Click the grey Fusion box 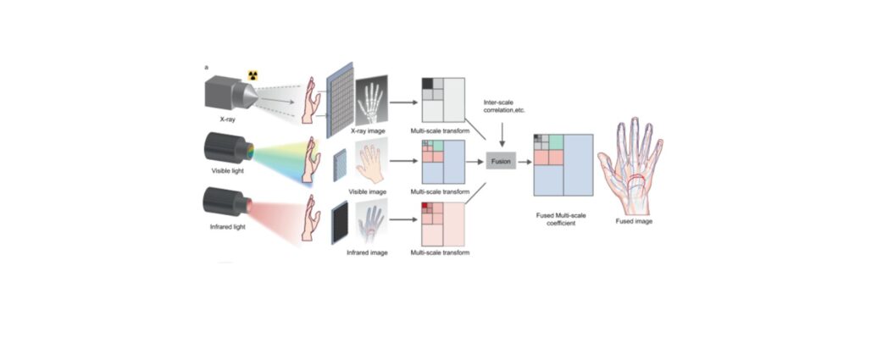501,161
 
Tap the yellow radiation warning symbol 253,75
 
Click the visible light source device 229,149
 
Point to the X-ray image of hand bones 371,100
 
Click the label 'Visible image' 368,191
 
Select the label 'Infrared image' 367,252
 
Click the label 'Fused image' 635,221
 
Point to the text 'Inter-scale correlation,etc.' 504,107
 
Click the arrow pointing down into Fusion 502,135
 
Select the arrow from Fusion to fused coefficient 525,162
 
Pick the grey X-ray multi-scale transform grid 443,99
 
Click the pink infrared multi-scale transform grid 443,224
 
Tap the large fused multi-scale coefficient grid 563,165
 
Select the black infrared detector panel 340,223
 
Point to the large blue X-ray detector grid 340,100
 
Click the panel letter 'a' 207,68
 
